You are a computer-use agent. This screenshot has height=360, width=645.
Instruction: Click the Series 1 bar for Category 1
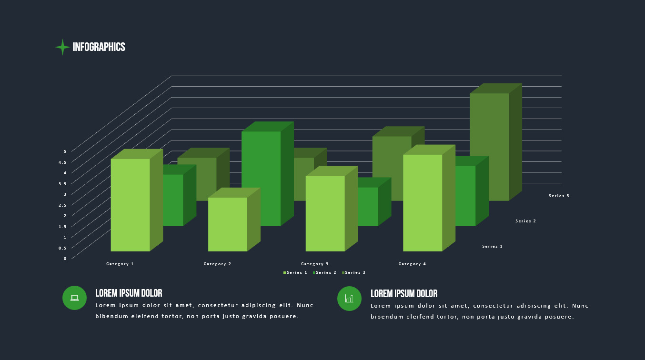tap(130, 205)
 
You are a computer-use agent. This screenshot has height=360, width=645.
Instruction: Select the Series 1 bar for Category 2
tap(228, 224)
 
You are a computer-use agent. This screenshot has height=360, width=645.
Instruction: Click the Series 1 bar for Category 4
tap(423, 203)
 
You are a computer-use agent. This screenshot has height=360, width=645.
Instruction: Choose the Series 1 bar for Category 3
tap(325, 213)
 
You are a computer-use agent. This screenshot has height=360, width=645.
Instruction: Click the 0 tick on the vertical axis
tap(65, 259)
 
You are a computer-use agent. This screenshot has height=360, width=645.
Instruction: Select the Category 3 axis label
tap(315, 264)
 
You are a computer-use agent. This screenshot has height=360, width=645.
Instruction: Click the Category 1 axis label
tap(120, 264)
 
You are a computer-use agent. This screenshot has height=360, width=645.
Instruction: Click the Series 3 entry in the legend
tap(353, 272)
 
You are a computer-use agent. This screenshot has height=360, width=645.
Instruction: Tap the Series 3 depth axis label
tap(559, 196)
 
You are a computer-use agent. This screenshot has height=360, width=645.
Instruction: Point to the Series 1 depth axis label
tap(492, 246)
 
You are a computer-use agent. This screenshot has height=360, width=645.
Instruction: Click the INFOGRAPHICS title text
tap(99, 47)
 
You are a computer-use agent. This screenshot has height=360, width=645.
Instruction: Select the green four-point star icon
tap(62, 47)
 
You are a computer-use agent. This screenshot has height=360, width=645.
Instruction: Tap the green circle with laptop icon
tap(74, 298)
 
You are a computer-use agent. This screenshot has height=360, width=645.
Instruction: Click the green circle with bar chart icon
tap(349, 299)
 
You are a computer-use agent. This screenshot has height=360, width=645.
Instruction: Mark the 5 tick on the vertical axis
tap(65, 151)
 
